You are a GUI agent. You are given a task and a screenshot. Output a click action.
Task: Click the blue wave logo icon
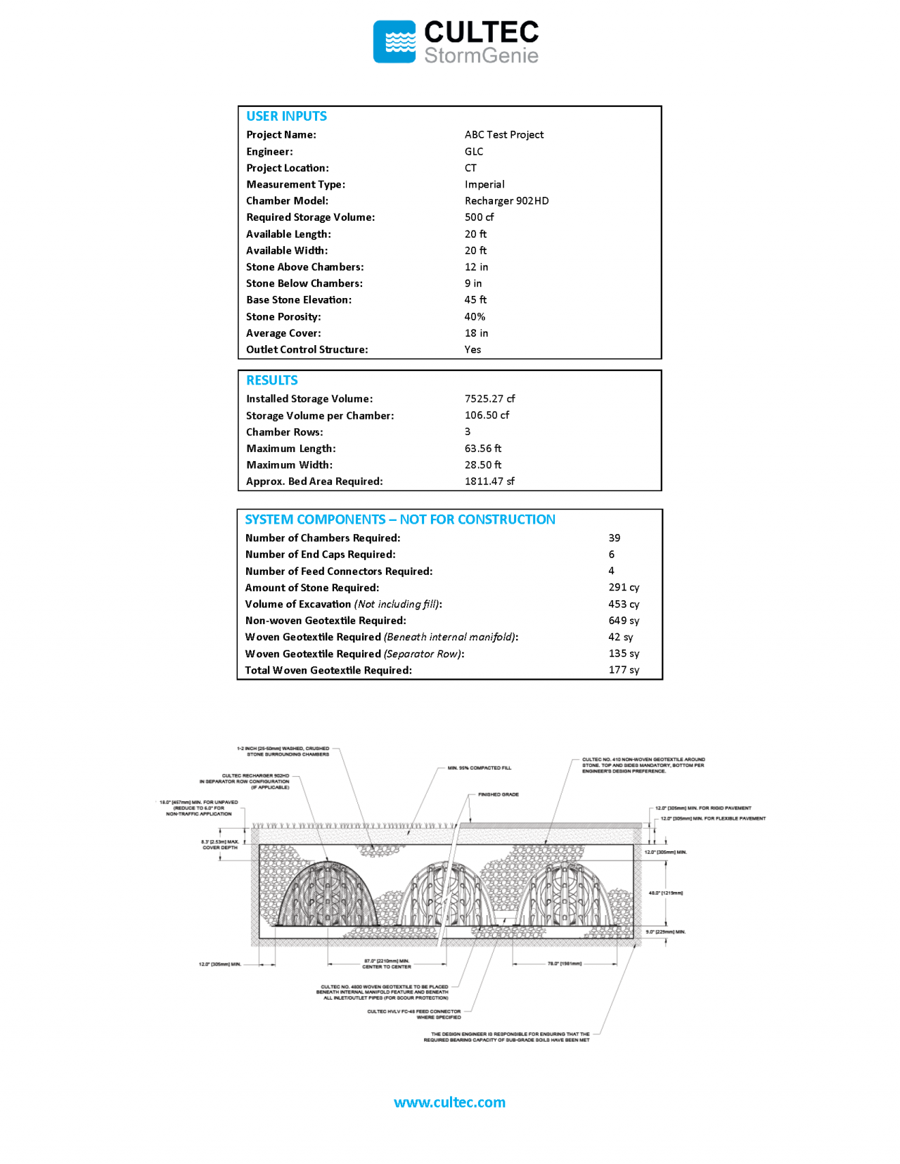394,41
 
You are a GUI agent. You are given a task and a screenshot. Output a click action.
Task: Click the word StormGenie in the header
481,56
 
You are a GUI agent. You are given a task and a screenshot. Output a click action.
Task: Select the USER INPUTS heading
286,116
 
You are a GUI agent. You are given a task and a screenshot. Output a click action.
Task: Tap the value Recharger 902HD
506,201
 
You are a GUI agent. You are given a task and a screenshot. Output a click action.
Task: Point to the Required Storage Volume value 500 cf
479,217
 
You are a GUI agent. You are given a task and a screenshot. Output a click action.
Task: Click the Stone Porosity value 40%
475,317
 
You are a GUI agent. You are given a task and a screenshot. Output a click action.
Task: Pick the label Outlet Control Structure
307,349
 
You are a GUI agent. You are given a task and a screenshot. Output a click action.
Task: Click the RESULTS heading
272,380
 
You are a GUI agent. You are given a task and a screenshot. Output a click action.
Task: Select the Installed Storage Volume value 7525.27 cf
489,399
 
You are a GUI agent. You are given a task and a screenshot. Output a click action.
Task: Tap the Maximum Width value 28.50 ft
483,465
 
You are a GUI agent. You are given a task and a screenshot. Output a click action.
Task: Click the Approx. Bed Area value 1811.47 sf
489,481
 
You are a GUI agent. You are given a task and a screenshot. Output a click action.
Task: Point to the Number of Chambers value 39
615,538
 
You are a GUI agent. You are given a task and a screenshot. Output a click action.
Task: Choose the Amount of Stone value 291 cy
624,588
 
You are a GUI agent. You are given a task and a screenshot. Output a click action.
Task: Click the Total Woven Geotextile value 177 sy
624,671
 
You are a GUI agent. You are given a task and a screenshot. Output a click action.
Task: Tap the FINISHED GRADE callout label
499,794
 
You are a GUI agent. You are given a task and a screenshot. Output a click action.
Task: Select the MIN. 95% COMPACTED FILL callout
480,768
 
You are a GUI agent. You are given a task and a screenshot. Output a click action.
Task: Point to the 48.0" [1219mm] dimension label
665,893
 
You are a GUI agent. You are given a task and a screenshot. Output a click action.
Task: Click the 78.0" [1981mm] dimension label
565,964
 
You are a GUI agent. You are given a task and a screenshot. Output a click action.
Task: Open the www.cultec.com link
449,1102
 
